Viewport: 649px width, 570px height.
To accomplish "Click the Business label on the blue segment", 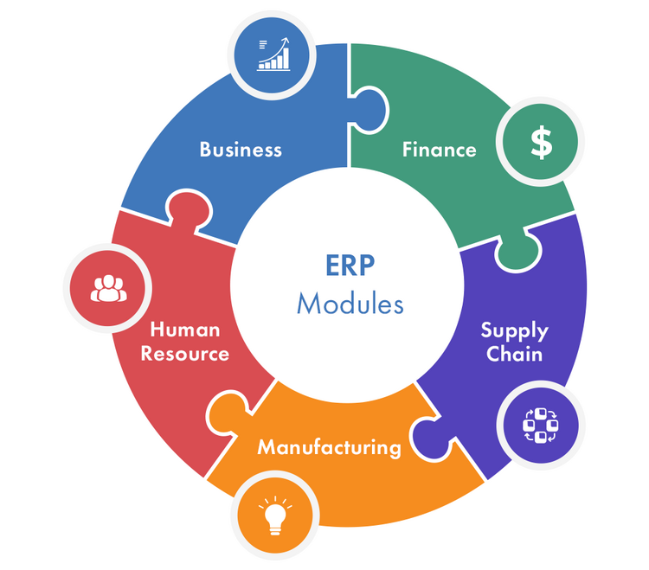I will pyautogui.click(x=241, y=150).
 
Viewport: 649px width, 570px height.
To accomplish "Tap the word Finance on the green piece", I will pyautogui.click(x=439, y=150).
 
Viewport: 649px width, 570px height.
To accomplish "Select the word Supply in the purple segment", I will pyautogui.click(x=514, y=330).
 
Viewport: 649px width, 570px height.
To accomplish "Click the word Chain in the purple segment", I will pyautogui.click(x=514, y=354).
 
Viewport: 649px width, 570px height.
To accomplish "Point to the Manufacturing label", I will pyautogui.click(x=330, y=447).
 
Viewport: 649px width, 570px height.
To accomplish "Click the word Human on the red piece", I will pyautogui.click(x=185, y=330).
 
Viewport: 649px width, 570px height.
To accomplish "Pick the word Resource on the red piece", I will pyautogui.click(x=185, y=354).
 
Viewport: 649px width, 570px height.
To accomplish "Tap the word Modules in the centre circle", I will pyautogui.click(x=350, y=304).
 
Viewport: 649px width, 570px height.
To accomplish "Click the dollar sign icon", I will pyautogui.click(x=541, y=143).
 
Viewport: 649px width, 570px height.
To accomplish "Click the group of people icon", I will pyautogui.click(x=108, y=288).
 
